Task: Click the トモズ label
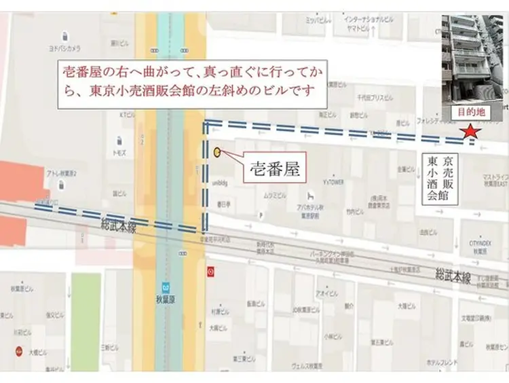pyautogui.click(x=120, y=152)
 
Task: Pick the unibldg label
pyautogui.click(x=219, y=181)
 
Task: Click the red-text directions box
pyautogui.click(x=191, y=80)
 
